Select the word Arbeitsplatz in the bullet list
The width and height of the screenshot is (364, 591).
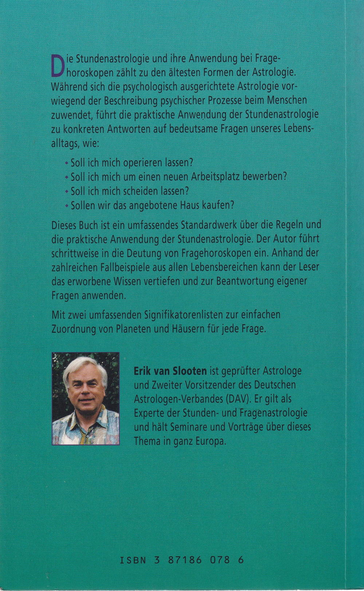tap(215, 176)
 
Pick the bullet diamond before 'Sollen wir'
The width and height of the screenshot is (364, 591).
tap(66, 205)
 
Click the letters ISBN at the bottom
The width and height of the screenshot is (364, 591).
tap(133, 560)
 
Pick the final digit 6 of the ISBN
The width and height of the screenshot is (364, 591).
tap(241, 560)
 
